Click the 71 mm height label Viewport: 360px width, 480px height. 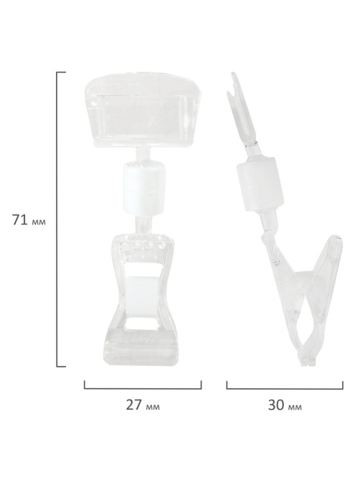(29, 220)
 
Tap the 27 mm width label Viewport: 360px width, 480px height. (143, 405)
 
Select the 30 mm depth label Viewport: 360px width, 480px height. (285, 405)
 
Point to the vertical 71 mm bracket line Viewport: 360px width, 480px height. (57, 219)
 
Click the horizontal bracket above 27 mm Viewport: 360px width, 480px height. (143, 388)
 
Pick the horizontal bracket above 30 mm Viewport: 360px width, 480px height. (285, 388)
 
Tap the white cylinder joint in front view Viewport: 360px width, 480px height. (141, 188)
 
